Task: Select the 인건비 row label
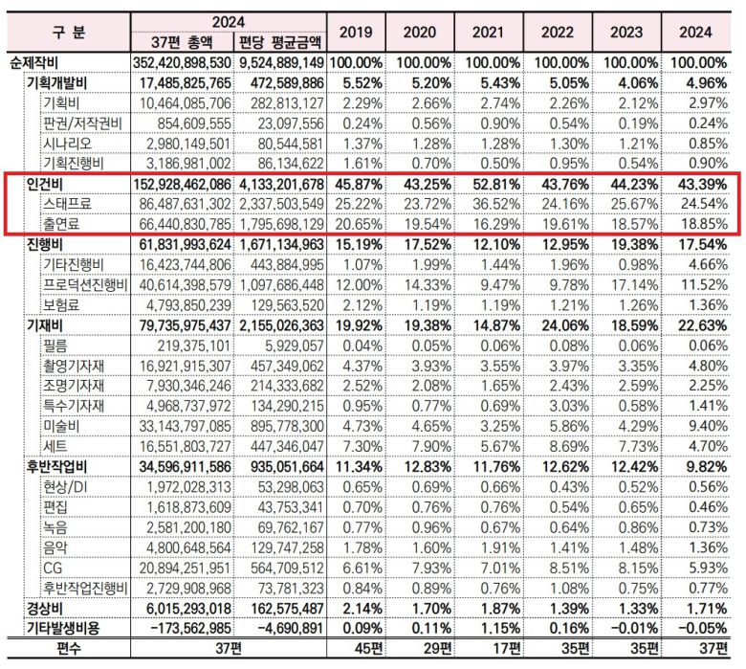pos(44,184)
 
